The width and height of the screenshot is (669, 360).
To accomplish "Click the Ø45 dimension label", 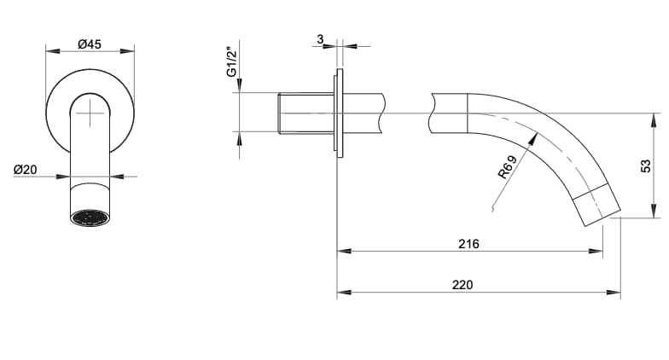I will point(89,44).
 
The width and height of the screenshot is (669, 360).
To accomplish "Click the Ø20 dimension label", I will point(25,170).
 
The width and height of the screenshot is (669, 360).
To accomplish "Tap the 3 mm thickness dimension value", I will point(320,39).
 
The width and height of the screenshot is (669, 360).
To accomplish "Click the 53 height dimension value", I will point(645,165).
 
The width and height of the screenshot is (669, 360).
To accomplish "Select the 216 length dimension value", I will point(468,244).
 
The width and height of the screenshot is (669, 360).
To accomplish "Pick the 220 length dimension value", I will point(462,285).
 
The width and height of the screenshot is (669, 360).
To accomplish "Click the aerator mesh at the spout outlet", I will point(90,218).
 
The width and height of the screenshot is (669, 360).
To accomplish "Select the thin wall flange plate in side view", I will point(339,113).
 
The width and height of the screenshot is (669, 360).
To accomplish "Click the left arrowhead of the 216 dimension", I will point(343,251).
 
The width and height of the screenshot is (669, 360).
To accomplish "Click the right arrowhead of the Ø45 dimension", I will point(129,52).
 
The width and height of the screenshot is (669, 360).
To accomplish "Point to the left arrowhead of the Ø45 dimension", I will point(50,52).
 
